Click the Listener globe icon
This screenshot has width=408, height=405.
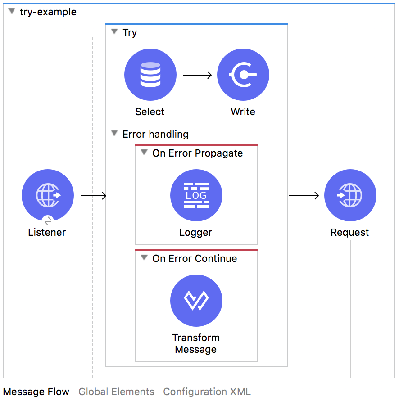click(48, 195)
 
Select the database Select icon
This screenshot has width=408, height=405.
click(150, 75)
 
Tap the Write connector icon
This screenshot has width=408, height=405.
click(243, 75)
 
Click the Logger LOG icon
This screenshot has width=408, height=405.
click(196, 195)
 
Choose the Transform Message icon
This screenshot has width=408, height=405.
click(196, 301)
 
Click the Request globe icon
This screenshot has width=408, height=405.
click(350, 195)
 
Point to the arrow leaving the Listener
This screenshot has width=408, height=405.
click(93, 196)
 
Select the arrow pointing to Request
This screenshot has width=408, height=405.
click(304, 196)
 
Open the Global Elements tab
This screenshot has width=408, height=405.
click(116, 391)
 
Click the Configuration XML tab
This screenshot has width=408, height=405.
click(207, 391)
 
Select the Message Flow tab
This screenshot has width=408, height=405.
click(36, 391)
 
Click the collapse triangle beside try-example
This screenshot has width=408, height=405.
click(12, 11)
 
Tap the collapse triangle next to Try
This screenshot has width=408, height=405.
click(114, 32)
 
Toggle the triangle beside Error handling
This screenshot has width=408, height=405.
click(114, 134)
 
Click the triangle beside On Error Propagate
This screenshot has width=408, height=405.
click(144, 153)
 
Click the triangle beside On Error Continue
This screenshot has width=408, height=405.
click(144, 258)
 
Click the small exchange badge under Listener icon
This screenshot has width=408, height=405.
click(48, 220)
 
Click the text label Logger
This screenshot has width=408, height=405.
click(195, 233)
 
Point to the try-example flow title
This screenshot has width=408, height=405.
click(48, 12)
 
